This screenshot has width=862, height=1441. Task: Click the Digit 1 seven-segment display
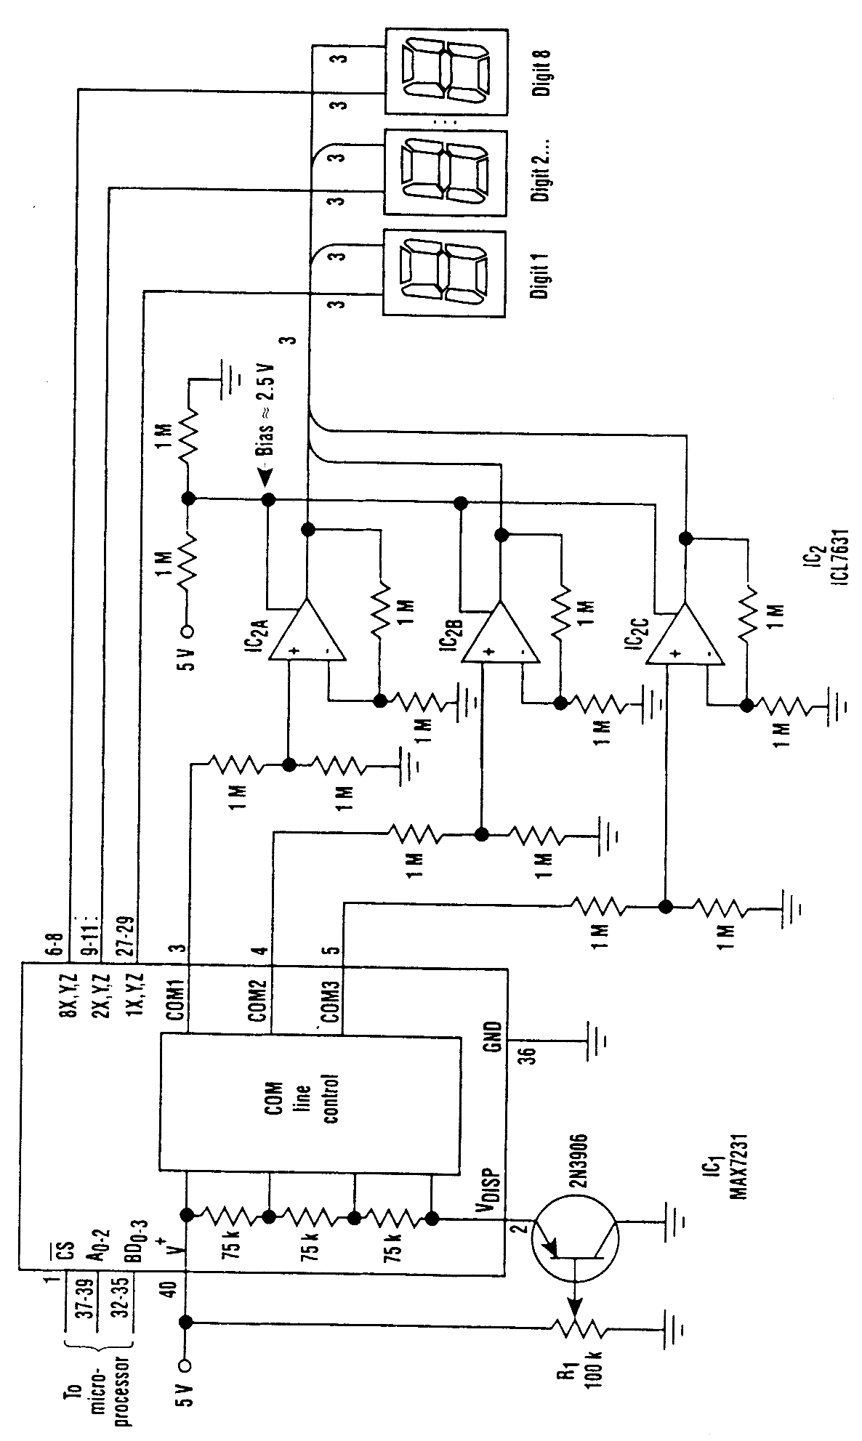pos(444,273)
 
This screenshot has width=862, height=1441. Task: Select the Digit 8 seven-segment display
pos(444,70)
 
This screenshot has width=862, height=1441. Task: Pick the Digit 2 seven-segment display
pos(444,172)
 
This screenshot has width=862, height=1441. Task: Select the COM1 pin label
pos(177,1000)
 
